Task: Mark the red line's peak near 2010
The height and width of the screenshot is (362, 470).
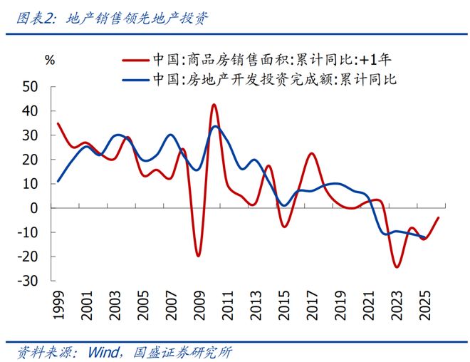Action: tap(214, 105)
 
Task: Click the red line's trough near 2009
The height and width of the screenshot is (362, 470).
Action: tap(198, 256)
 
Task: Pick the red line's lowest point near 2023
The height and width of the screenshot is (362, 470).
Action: tap(396, 267)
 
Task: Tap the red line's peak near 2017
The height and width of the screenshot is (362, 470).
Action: tap(312, 154)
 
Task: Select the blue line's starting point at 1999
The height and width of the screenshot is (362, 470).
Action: tap(58, 181)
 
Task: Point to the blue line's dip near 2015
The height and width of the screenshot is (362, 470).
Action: tap(284, 205)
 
